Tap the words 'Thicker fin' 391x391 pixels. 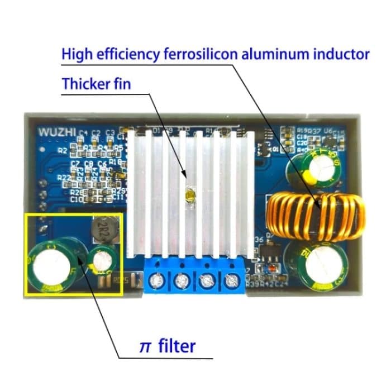[96, 85]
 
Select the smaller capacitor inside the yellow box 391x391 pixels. [101, 263]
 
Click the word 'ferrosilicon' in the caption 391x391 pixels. [201, 54]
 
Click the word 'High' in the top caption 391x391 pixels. [76, 54]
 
